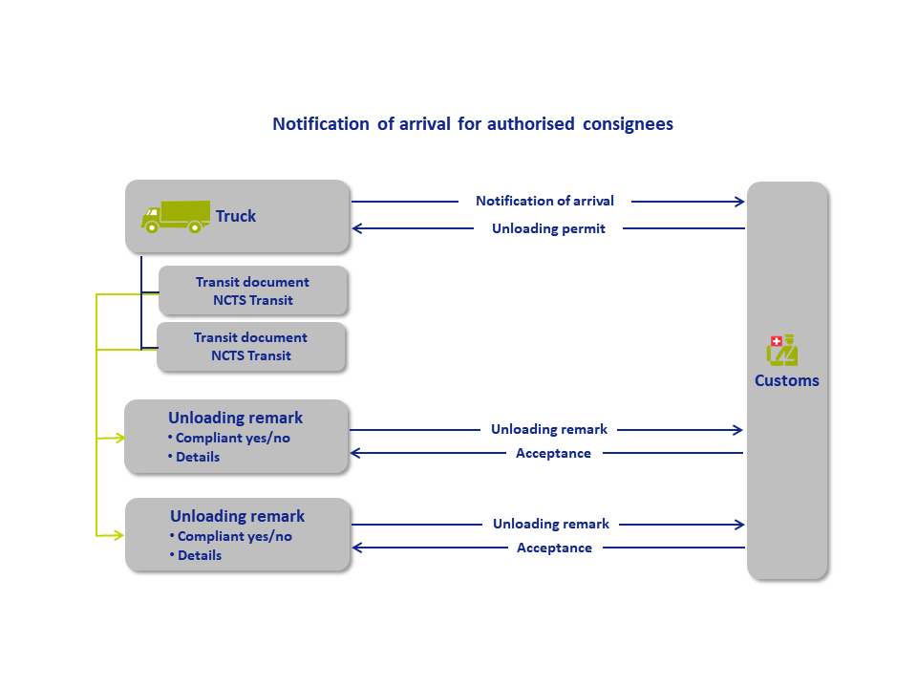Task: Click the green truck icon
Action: pos(176,217)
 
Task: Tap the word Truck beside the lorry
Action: pos(236,216)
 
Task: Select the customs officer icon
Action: pos(782,350)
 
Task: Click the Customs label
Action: pos(786,380)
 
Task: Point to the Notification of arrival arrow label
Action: pos(545,201)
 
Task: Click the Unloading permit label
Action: pos(548,228)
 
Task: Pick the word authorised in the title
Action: pos(531,124)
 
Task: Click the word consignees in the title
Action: pos(629,124)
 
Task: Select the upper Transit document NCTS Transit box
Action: pos(252,290)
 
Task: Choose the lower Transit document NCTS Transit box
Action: pos(251,346)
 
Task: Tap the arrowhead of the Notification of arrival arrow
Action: pos(739,202)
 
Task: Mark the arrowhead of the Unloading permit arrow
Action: pos(356,228)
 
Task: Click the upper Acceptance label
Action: pos(553,453)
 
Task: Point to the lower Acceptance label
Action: pos(554,548)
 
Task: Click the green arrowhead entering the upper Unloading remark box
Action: pos(120,438)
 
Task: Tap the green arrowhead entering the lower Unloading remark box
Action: pos(118,535)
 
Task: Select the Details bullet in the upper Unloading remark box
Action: pos(194,457)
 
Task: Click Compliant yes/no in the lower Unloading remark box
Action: pos(231,536)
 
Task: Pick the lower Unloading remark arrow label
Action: pos(551,525)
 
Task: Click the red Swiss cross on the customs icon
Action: pos(777,341)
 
